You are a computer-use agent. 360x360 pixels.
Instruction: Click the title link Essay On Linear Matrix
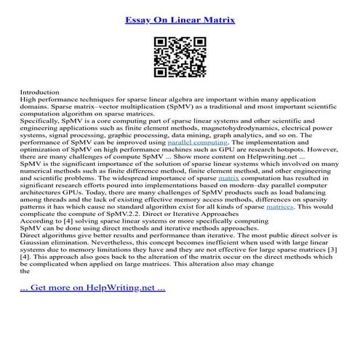(180, 12)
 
